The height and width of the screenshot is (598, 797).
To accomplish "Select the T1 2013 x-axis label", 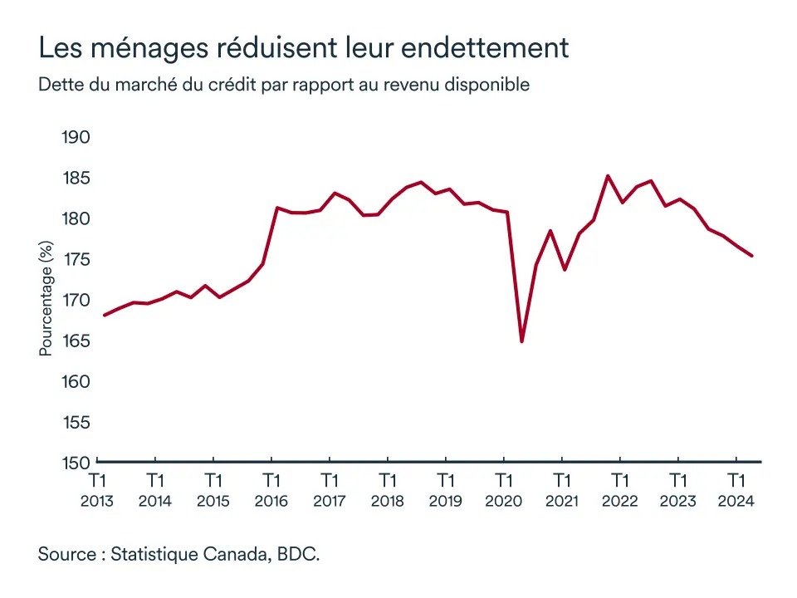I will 97,490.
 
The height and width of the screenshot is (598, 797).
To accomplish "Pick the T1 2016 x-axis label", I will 271,490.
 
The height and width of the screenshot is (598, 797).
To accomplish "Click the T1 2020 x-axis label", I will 503,490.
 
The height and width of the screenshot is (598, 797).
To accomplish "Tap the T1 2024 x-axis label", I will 736,490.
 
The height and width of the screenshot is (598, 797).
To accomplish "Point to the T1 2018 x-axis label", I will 388,490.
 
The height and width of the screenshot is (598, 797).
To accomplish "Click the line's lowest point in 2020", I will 521,341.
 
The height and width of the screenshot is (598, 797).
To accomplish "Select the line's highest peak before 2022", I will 608,176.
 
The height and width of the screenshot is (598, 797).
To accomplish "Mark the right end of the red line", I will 751,256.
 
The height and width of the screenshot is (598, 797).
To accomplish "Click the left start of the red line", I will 104,315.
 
